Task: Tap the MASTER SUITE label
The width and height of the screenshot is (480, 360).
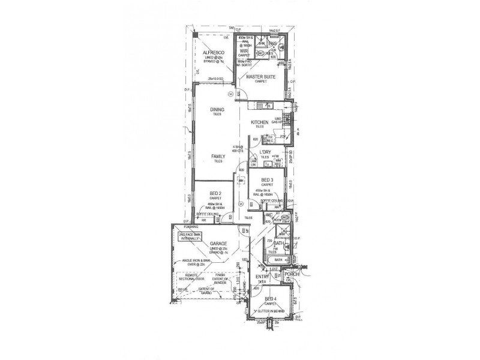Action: (x=260, y=77)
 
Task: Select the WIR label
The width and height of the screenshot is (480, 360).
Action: (x=244, y=50)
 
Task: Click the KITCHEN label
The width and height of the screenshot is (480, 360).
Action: (x=260, y=122)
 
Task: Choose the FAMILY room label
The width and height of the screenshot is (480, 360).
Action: (x=218, y=157)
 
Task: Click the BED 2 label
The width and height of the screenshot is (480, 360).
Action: (x=216, y=192)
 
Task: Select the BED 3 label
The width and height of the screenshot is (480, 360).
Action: (x=268, y=180)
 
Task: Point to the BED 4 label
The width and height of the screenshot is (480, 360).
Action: (x=270, y=298)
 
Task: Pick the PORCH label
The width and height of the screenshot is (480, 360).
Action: (x=292, y=274)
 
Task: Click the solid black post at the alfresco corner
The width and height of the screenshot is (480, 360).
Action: (x=196, y=35)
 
